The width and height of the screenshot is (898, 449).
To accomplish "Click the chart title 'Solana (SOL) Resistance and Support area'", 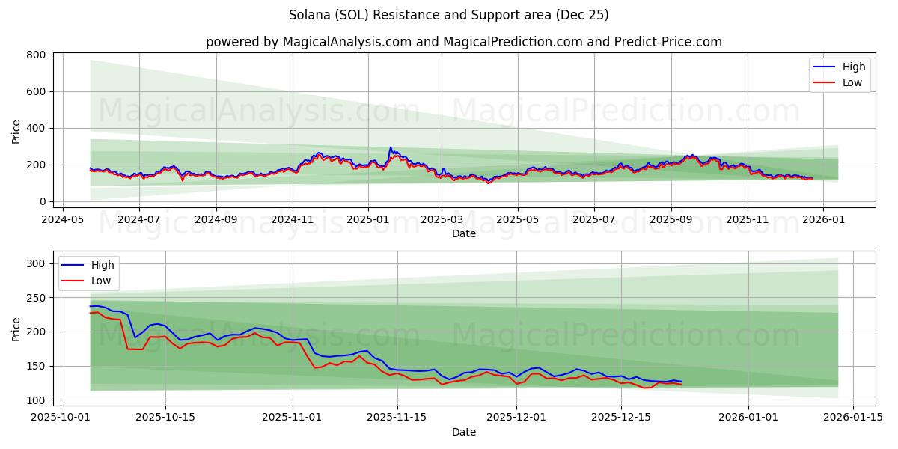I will pyautogui.click(x=448, y=15).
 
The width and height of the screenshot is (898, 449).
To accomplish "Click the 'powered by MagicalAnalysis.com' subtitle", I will pyautogui.click(x=463, y=42).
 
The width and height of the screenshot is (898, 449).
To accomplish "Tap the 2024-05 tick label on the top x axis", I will pyautogui.click(x=62, y=220).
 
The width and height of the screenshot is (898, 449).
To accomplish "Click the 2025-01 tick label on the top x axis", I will pyautogui.click(x=367, y=220).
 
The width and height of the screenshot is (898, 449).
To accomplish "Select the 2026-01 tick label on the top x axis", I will pyautogui.click(x=823, y=220).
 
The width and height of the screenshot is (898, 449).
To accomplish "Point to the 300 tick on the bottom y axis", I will pyautogui.click(x=37, y=263).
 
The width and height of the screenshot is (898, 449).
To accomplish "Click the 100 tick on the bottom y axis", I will pyautogui.click(x=37, y=400).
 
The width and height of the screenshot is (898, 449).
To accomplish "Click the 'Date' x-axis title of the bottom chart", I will pyautogui.click(x=463, y=432).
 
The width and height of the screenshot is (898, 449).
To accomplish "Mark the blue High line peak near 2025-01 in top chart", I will pyautogui.click(x=390, y=147).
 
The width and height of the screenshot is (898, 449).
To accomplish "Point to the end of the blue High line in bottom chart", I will pyautogui.click(x=681, y=382).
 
